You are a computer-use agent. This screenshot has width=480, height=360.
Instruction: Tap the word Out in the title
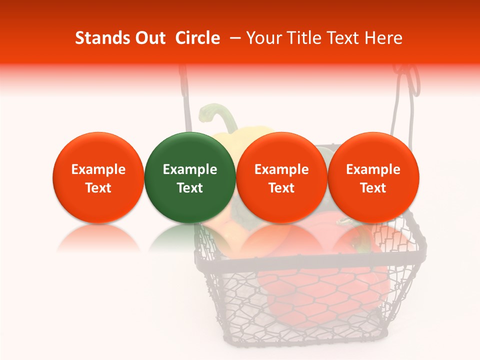click(x=148, y=38)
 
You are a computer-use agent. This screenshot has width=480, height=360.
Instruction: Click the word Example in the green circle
click(x=189, y=169)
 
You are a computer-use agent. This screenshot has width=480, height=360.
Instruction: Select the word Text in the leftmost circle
click(x=98, y=188)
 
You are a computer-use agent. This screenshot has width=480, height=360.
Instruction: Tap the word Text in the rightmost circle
click(x=373, y=188)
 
